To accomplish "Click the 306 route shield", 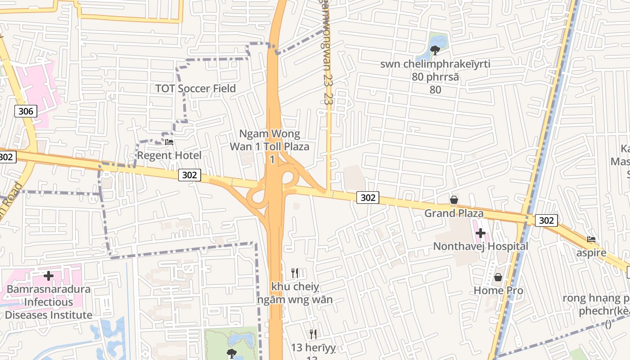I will click(26, 111).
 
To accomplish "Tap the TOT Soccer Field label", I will click(195, 88).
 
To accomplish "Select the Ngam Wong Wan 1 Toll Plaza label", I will click(270, 146).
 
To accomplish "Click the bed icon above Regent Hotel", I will click(169, 142).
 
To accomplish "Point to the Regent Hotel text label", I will click(169, 156).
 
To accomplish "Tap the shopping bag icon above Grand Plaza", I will click(454, 200).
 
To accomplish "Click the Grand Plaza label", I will click(454, 213).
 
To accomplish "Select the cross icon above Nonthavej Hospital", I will click(481, 233).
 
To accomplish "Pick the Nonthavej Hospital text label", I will click(481, 247).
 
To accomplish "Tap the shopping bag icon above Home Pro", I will click(498, 278).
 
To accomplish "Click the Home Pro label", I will click(498, 291).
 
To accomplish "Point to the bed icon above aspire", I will click(591, 239).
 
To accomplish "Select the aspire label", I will click(591, 253).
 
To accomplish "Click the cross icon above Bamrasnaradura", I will click(49, 275).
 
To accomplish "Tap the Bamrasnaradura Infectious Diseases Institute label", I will click(49, 302).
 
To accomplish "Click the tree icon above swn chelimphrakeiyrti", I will click(435, 50).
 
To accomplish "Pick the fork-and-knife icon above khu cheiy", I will click(295, 273).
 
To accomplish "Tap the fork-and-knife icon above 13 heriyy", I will click(313, 334).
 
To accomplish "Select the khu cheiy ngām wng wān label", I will click(295, 293).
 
